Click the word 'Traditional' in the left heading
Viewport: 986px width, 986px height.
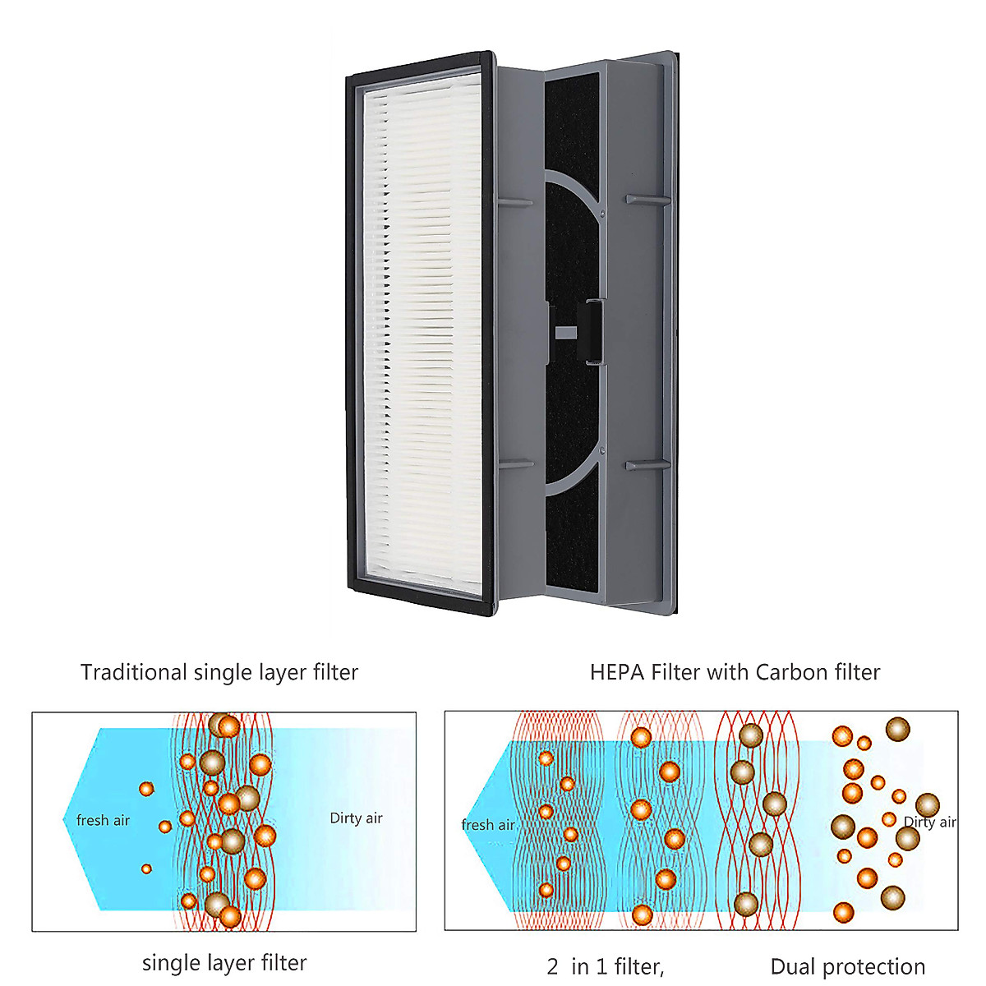134,672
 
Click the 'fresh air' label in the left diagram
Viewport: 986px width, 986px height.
103,820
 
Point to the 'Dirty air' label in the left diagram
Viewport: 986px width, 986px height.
356,818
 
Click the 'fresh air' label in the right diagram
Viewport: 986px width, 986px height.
488,825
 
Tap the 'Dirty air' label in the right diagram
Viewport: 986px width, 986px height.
930,822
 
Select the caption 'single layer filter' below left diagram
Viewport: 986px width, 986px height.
224,962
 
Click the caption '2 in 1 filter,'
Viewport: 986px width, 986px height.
606,966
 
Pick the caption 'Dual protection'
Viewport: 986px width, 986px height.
848,966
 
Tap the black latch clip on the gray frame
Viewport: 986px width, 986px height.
592,330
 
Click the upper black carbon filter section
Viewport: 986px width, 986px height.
571,123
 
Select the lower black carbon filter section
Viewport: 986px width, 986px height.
573,534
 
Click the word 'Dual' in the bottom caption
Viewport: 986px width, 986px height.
793,966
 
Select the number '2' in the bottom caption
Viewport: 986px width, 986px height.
553,966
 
